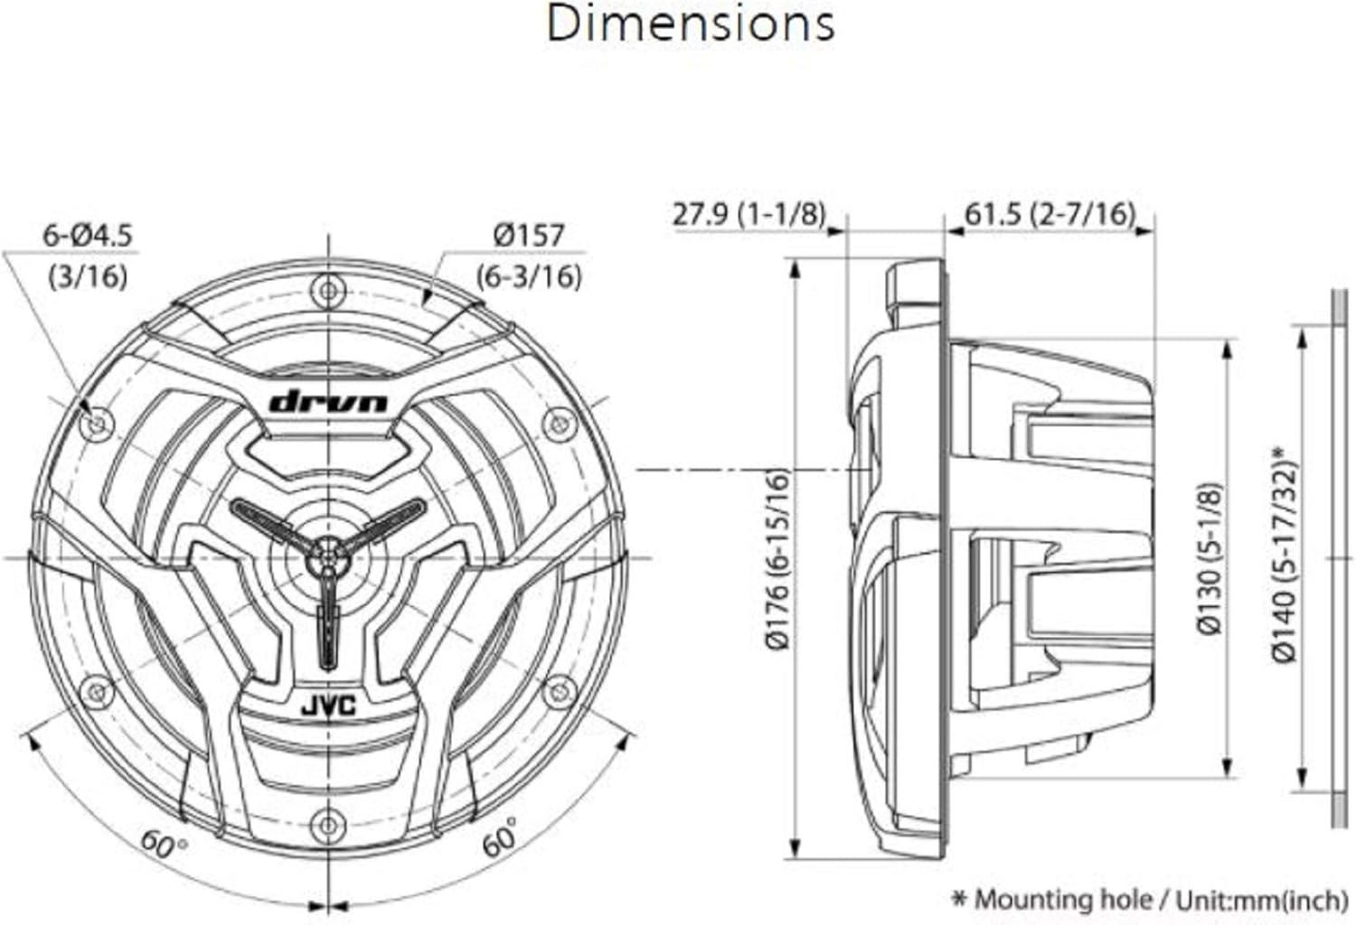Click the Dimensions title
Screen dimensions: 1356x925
691,24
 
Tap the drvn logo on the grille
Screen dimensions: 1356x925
328,402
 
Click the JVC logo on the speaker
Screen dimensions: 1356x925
329,706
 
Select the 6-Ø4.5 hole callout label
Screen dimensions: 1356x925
87,236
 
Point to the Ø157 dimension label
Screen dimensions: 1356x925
529,235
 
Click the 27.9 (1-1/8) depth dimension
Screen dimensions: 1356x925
749,214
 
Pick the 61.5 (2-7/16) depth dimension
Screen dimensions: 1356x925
1050,214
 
